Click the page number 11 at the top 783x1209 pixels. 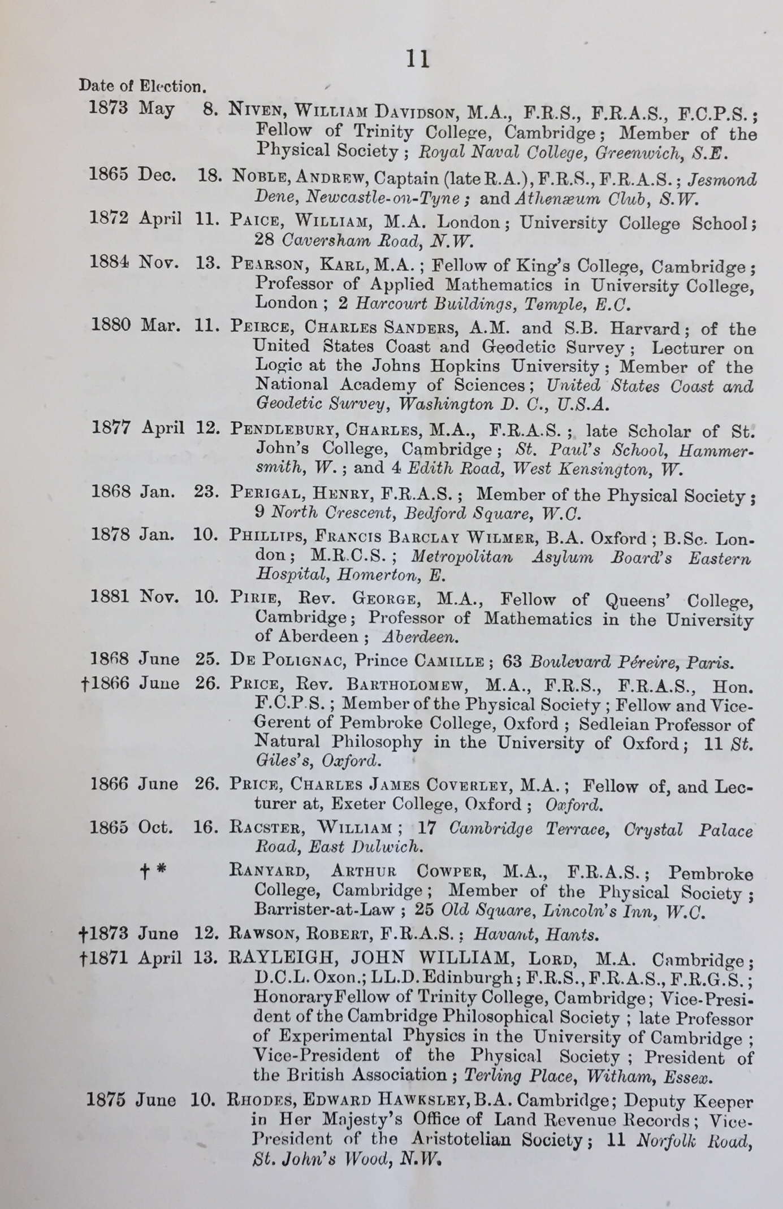coord(418,59)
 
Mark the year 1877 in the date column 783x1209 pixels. coord(112,427)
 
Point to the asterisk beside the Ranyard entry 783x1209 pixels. coord(161,871)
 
